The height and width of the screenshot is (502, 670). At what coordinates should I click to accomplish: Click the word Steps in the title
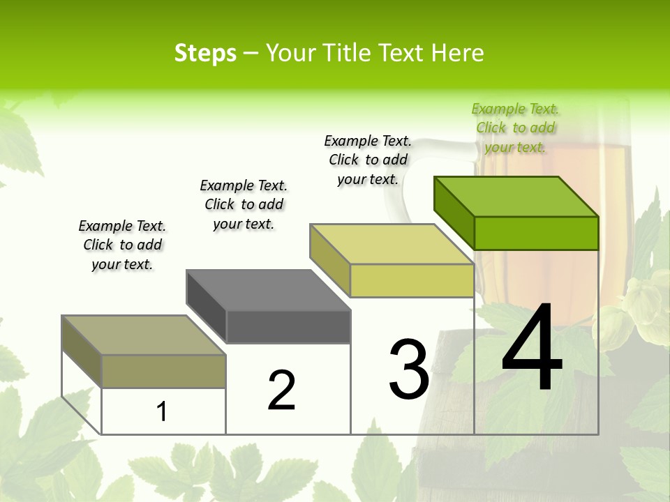tap(205, 53)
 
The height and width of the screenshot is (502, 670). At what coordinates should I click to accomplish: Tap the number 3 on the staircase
tap(409, 370)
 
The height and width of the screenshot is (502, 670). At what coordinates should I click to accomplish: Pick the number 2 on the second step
tap(281, 390)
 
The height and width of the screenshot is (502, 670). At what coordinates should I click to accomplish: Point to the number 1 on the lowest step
tap(161, 411)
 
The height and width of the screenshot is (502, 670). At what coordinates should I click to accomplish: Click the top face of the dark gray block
tap(268, 290)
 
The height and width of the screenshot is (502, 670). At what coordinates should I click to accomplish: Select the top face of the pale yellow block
tap(392, 244)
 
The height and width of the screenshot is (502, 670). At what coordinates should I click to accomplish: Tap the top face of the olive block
tap(144, 335)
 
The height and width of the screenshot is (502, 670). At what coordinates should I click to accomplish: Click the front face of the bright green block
tap(536, 233)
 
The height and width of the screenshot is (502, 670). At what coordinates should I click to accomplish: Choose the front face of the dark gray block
tap(288, 326)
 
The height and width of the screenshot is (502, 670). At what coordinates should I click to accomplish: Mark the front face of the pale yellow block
tap(412, 280)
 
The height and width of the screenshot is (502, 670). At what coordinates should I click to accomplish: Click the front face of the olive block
tap(163, 371)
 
